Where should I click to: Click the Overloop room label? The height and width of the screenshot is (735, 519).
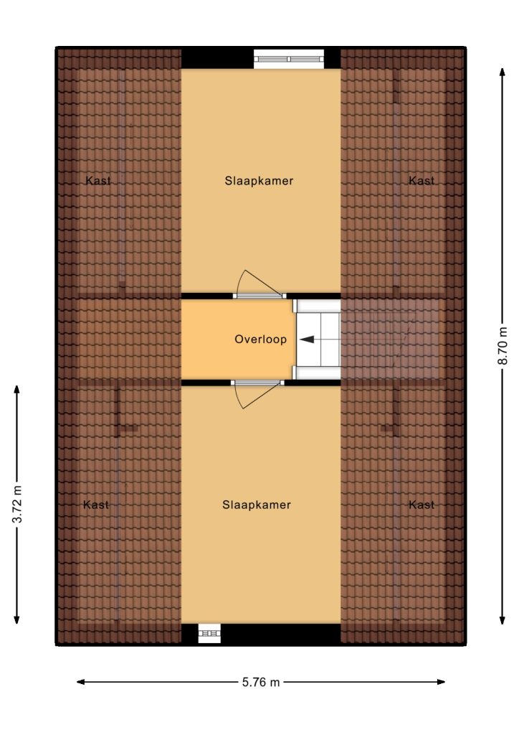coord(260,340)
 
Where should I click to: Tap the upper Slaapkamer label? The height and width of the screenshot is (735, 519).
coord(259,181)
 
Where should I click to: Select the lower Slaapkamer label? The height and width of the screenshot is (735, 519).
coord(257,505)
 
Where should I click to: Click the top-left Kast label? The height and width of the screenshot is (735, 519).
coord(98,180)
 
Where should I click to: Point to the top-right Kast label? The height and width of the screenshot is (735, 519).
coord(422,180)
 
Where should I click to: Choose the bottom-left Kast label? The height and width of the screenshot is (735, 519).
coord(96,505)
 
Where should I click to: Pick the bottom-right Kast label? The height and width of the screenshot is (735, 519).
coord(422,505)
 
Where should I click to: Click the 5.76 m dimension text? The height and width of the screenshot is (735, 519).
coord(261,683)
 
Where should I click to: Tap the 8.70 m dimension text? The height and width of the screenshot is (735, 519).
coord(503,346)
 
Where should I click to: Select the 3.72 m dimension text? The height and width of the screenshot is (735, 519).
coord(17,505)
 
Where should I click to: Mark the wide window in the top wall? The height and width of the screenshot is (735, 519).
coord(289,59)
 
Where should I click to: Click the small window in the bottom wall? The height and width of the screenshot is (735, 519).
coord(209,633)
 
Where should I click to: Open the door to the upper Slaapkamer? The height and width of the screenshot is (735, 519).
coord(259,296)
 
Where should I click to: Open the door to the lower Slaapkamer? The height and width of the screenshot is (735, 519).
coord(257,383)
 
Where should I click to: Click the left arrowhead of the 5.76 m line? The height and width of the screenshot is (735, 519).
coord(80,682)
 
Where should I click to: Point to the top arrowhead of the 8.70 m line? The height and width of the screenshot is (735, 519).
coord(502,72)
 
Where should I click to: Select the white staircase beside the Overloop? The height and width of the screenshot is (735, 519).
coord(318,340)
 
